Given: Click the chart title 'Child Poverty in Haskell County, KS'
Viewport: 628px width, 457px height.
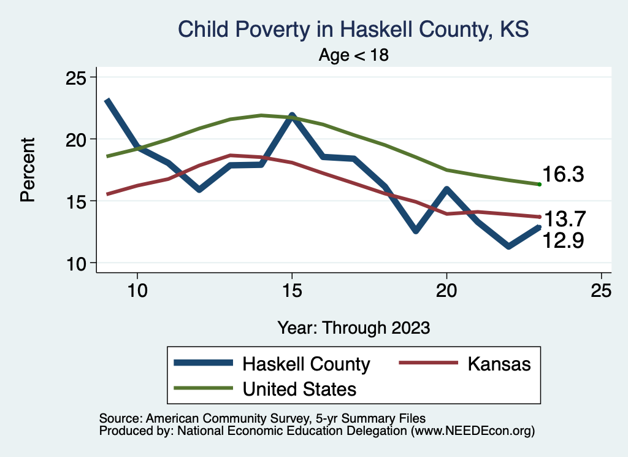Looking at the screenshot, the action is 353,29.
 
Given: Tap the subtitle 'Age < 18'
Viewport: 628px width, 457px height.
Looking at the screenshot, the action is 354,55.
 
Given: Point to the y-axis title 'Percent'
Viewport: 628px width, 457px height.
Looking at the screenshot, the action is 28,169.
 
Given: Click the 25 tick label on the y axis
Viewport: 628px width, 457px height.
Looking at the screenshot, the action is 75,78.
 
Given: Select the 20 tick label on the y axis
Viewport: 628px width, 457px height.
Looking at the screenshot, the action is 75,140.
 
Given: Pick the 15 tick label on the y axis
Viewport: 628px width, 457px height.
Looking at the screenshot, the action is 75,201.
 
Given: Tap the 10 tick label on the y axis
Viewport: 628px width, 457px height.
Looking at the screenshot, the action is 75,264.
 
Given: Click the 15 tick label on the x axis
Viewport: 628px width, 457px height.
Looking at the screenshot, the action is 292,290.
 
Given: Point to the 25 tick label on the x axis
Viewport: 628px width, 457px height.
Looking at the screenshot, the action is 601,290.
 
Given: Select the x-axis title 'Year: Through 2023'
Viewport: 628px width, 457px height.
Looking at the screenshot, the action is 354,328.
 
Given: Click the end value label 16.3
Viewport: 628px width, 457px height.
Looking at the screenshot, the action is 563,174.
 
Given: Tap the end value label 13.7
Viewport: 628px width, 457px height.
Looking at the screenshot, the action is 565,219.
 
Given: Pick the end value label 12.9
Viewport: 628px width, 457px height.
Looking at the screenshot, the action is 563,240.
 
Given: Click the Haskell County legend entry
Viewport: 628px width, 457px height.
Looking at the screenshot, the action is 272,364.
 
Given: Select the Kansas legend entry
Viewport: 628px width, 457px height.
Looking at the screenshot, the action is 465,364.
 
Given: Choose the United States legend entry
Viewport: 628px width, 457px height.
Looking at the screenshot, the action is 265,389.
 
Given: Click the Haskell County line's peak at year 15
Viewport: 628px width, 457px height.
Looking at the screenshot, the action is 292,116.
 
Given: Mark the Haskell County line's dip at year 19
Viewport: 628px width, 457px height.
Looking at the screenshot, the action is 416,231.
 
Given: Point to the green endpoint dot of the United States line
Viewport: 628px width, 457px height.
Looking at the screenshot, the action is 540,184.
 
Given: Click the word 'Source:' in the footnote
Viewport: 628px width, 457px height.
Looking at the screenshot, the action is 121,418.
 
